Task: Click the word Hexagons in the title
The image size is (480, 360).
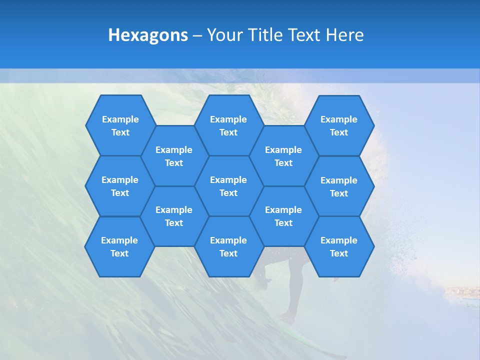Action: pyautogui.click(x=148, y=35)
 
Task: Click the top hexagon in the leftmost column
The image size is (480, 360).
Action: pyautogui.click(x=120, y=125)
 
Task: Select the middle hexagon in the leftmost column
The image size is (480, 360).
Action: pyautogui.click(x=120, y=186)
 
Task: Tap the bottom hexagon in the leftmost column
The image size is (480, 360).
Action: pyautogui.click(x=119, y=246)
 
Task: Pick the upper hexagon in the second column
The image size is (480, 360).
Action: pyautogui.click(x=174, y=156)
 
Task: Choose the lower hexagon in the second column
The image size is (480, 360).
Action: pyautogui.click(x=174, y=216)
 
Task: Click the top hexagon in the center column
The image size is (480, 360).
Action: pyautogui.click(x=228, y=125)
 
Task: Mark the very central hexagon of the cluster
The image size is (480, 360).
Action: pyautogui.click(x=228, y=186)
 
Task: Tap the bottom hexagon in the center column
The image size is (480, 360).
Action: pyautogui.click(x=228, y=246)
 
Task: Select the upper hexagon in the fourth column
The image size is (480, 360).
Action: pyautogui.click(x=283, y=156)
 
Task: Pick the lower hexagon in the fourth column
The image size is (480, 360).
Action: pyautogui.click(x=283, y=216)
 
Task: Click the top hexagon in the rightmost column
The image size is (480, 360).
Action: pyautogui.click(x=339, y=125)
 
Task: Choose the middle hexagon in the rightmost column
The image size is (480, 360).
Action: pyautogui.click(x=339, y=186)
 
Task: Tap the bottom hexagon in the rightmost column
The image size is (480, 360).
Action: pyautogui.click(x=339, y=246)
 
